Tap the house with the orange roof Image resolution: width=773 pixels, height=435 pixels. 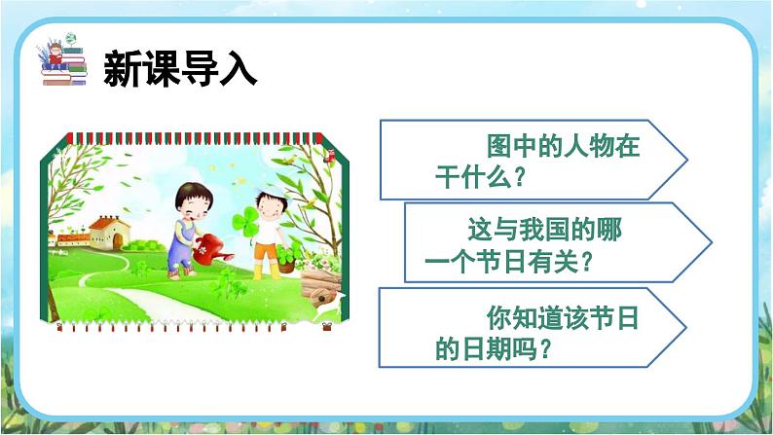[108, 235]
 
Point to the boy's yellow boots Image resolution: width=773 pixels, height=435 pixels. [265, 272]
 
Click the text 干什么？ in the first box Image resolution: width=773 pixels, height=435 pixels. [481, 178]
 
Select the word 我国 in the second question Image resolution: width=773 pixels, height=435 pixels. [559, 233]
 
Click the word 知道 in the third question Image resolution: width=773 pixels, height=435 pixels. [544, 318]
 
